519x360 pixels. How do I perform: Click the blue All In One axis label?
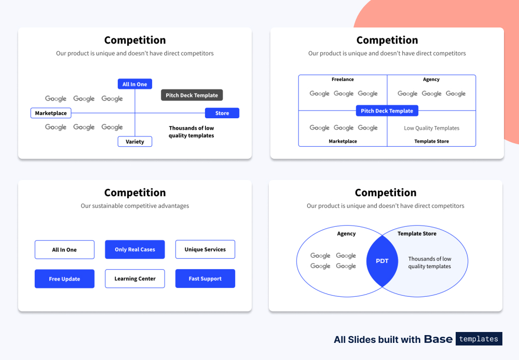tap(134, 84)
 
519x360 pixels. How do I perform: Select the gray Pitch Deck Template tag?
tap(192, 95)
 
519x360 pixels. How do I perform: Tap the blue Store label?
tap(222, 113)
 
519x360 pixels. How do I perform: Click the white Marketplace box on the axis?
tap(51, 113)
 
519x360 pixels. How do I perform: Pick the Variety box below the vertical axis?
tap(135, 142)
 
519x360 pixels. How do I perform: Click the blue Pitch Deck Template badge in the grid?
tap(387, 111)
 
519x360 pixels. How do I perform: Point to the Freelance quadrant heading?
tap(343, 79)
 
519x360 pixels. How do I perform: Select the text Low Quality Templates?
tap(431, 128)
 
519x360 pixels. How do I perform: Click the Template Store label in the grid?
tap(431, 141)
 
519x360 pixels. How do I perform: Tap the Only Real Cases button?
tap(135, 250)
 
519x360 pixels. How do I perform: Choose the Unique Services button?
tap(205, 250)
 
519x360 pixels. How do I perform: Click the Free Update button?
tap(64, 279)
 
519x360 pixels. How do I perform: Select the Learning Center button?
tap(135, 279)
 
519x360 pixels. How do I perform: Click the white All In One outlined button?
tap(64, 250)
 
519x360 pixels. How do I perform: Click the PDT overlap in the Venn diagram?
tap(382, 261)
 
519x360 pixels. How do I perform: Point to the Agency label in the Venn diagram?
tap(346, 234)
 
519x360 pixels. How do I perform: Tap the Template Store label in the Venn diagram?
tap(417, 234)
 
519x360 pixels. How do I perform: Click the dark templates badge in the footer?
tap(479, 339)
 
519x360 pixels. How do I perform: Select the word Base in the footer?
tap(438, 339)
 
